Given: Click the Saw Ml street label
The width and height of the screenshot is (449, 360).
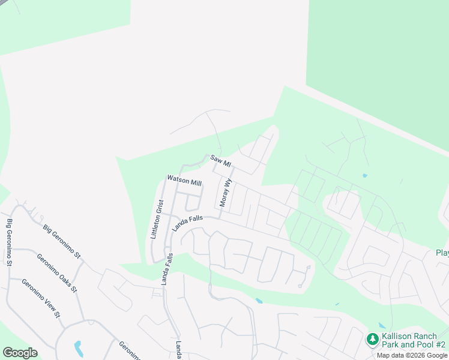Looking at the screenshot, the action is tap(220, 161).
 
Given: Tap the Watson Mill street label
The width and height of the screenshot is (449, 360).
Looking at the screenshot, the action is tap(184, 181).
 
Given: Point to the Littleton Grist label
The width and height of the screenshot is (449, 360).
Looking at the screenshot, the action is tap(157, 220).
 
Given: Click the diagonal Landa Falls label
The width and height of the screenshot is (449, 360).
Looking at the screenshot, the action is tap(188, 223).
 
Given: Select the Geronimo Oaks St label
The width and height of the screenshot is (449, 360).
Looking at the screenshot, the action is tap(56, 272).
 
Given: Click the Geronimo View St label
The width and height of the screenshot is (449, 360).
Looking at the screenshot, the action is tap(41, 298).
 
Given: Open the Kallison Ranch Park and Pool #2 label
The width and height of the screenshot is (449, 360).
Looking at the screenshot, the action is tap(414, 341).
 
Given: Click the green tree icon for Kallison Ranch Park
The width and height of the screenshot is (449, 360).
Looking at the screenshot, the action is tap(373, 340).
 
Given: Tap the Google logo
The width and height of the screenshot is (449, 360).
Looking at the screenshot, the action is tap(20, 353).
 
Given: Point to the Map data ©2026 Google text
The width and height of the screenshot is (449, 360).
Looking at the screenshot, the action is tap(412, 355).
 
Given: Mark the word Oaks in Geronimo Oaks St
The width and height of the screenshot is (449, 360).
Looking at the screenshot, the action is tap(59, 275).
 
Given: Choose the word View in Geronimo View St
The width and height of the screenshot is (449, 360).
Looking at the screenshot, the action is tap(43, 301).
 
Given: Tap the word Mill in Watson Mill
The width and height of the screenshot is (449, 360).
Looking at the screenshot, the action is tap(195, 182).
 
